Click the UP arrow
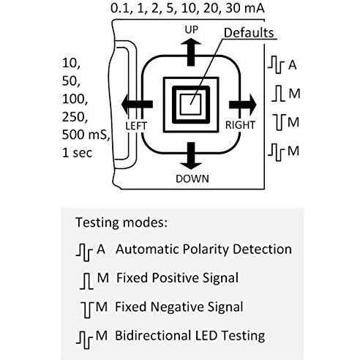(191, 52)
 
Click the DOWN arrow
(191, 156)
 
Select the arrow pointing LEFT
(137, 104)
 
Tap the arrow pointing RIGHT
(243, 105)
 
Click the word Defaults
(249, 33)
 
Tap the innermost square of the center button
(191, 105)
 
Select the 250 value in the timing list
(75, 117)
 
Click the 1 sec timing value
(78, 153)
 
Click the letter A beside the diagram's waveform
(292, 65)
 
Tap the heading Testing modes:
(121, 222)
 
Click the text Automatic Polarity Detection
(203, 250)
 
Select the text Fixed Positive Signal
(177, 278)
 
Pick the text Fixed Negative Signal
(179, 307)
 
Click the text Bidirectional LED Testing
(190, 335)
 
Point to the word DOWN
(192, 179)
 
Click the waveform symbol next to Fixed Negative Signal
(87, 310)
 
